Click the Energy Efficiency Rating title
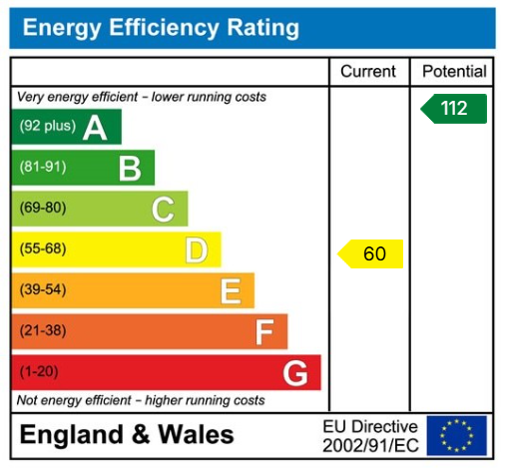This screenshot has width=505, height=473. point(161,28)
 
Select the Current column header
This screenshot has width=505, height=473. point(368,72)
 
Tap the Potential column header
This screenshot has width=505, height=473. point(454,72)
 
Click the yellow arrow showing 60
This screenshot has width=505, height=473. point(371,253)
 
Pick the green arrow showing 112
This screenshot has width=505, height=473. point(454,108)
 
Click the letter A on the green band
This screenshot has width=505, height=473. point(96,128)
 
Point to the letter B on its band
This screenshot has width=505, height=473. point(130,169)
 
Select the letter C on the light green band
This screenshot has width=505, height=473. point(163,210)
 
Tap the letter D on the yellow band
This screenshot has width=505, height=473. point(197,250)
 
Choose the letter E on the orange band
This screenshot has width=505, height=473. point(231,291)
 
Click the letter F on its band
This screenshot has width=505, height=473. point(264,332)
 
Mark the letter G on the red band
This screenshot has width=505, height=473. point(295,373)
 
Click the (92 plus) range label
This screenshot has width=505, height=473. point(47,127)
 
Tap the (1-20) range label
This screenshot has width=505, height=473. point(39,372)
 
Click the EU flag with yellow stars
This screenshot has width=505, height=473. point(457,435)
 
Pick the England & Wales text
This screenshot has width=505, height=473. point(127,435)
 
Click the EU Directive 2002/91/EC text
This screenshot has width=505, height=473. point(369,435)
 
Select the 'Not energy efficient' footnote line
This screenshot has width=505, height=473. point(141,400)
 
